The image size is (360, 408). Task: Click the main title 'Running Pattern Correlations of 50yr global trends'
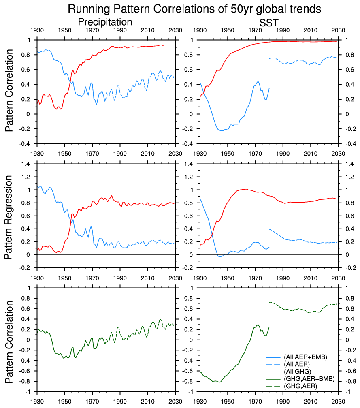190,9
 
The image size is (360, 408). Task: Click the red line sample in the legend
274,372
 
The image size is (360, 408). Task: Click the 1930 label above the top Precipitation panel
37,30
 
